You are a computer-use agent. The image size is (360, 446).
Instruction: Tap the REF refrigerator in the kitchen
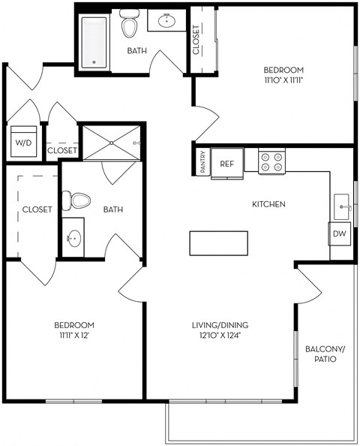click(226, 163)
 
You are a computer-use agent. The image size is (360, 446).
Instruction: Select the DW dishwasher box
click(340, 234)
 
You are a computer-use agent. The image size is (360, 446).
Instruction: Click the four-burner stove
click(273, 161)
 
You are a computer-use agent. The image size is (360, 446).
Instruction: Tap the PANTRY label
click(203, 163)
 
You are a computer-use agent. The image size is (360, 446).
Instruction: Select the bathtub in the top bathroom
click(94, 42)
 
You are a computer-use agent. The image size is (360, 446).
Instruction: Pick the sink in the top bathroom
click(166, 21)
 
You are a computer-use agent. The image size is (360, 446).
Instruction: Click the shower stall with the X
click(110, 142)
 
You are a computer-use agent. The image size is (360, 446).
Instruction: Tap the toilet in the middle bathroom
click(77, 200)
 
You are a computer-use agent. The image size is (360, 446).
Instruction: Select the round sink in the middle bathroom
click(73, 240)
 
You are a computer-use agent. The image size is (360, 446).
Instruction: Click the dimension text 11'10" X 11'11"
click(283, 78)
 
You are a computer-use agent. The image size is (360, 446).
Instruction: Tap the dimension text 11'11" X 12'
click(74, 336)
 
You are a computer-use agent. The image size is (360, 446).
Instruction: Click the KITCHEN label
click(268, 204)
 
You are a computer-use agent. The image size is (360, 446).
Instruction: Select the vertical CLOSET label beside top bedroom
click(196, 41)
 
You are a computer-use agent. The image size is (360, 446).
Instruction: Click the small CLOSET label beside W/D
click(62, 150)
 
